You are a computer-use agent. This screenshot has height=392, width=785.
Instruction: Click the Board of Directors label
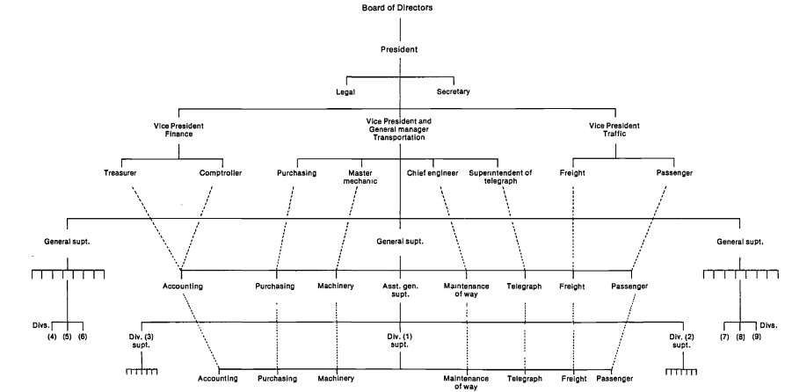tap(397, 8)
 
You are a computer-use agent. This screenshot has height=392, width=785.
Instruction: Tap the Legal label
tap(346, 91)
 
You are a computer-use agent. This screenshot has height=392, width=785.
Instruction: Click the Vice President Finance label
tap(179, 131)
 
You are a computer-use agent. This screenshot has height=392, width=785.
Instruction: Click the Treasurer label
tap(120, 173)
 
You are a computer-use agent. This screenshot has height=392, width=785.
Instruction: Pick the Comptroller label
tap(219, 173)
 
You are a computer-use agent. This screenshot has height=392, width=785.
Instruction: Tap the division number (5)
tap(67, 337)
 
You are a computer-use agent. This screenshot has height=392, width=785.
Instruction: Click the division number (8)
tap(739, 337)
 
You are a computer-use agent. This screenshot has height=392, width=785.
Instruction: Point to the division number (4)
tap(51, 337)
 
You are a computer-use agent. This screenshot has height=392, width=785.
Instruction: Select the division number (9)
tap(756, 337)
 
